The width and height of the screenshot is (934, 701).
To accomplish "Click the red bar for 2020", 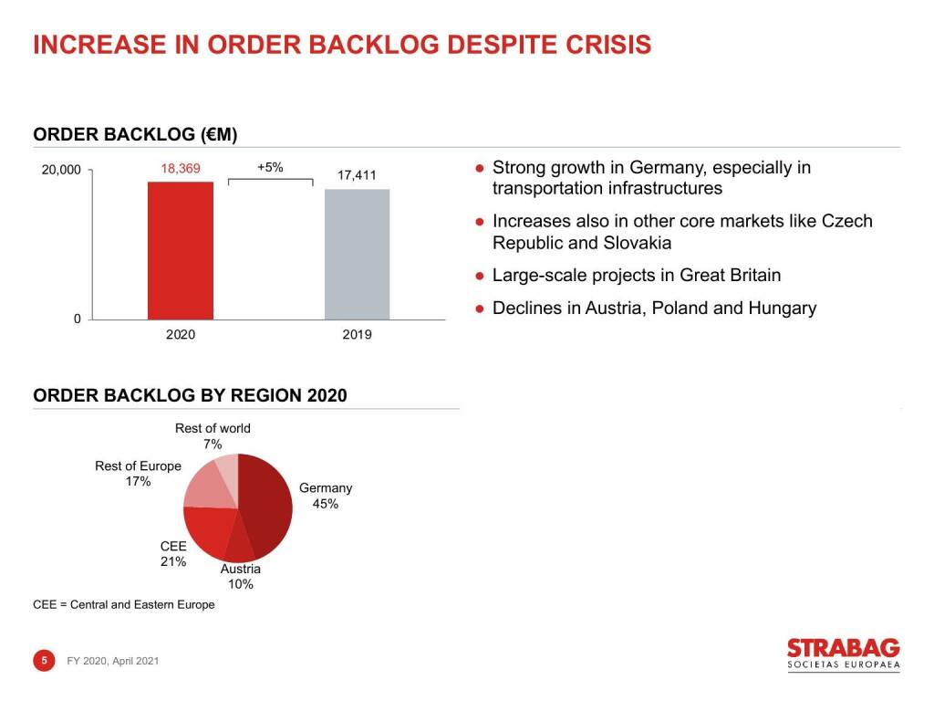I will tap(181, 250).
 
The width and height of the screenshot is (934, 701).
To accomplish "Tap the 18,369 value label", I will tap(181, 168).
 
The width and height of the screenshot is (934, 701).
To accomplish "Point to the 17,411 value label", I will tap(357, 174).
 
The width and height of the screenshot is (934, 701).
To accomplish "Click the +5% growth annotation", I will tap(270, 167).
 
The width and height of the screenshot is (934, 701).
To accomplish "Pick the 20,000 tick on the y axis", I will tap(62, 171).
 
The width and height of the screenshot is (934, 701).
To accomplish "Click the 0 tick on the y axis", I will tap(78, 319).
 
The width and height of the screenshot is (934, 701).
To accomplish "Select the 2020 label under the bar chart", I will tap(181, 335).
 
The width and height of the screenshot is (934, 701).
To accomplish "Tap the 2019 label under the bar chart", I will tap(357, 335).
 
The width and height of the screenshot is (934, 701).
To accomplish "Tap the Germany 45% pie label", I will tap(326, 496).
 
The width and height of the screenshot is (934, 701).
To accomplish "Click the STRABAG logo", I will tap(843, 654).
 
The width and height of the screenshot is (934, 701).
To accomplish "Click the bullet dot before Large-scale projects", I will tap(479, 276).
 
